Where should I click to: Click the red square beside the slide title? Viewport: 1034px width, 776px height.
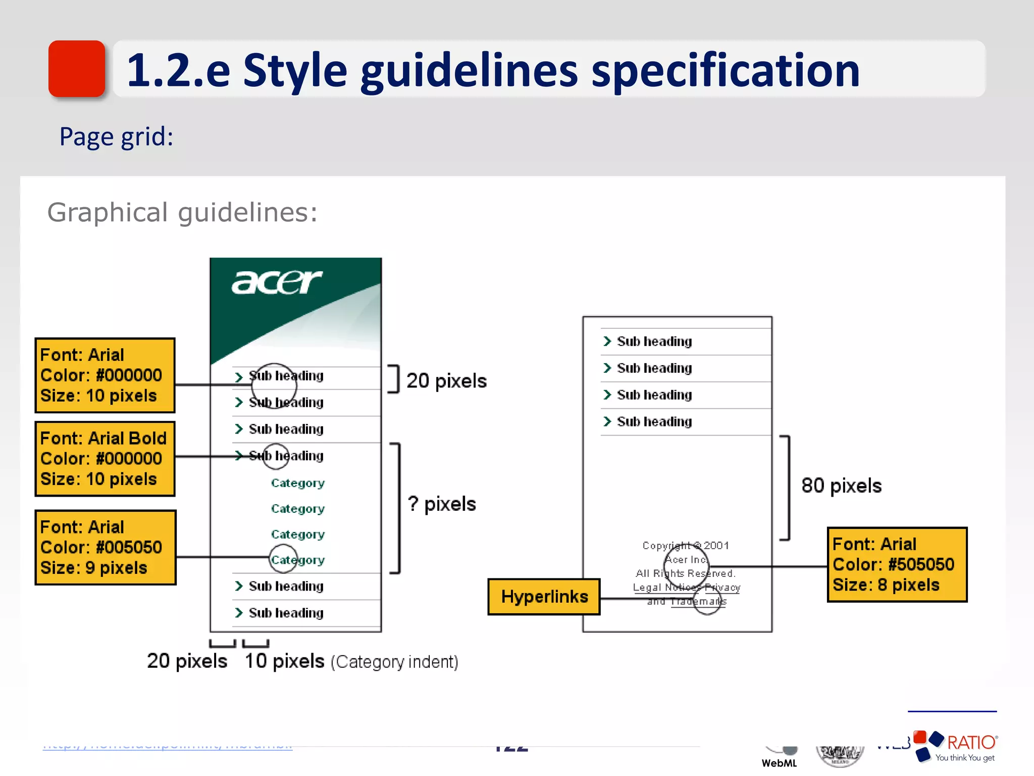[x=77, y=69]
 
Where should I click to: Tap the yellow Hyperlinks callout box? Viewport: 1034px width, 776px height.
[x=544, y=597]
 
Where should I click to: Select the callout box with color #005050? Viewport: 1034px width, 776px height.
[x=105, y=547]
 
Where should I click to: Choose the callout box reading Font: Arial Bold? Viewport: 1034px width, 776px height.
[x=105, y=459]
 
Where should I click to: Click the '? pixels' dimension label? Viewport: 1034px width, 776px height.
[x=442, y=504]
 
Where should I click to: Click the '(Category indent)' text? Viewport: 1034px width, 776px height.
[x=394, y=662]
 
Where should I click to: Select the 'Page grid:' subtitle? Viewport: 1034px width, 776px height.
[x=116, y=136]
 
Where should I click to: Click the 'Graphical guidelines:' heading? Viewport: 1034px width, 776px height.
[x=182, y=212]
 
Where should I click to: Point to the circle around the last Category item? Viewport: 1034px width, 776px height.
[x=283, y=559]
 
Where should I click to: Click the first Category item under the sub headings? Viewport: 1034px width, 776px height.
[x=297, y=483]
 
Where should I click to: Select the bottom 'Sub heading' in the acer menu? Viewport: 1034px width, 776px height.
[x=286, y=613]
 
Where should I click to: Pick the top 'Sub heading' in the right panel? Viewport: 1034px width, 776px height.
[x=654, y=342]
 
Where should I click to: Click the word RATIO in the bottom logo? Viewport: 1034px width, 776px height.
[x=971, y=743]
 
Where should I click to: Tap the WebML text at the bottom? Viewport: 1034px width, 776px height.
[x=779, y=763]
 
